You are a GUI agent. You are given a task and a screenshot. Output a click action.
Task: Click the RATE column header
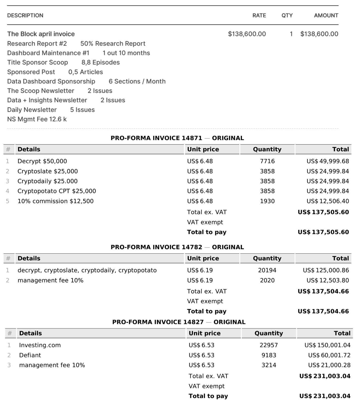259,16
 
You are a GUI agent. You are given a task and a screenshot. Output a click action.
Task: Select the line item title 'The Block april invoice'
41,34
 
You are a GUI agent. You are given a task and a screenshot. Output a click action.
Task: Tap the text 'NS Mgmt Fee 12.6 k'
37,119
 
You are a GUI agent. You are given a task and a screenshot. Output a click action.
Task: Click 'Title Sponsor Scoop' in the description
38,62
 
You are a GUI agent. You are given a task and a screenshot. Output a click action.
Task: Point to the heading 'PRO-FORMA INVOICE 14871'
156,138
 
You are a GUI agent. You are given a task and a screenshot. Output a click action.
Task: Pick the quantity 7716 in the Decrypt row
267,161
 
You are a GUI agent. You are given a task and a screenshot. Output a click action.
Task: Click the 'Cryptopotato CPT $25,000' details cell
57,191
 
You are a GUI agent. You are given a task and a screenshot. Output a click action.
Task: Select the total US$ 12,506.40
328,201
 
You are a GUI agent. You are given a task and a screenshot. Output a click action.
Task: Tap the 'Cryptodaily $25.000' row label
47,181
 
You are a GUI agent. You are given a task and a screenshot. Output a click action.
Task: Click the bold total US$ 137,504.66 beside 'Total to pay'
323,311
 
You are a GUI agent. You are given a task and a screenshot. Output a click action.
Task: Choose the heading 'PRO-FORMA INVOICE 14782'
156,247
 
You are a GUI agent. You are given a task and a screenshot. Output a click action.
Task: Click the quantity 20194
267,270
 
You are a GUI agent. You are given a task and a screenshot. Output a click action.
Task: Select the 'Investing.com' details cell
40,345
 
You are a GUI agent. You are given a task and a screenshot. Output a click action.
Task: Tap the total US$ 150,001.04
327,345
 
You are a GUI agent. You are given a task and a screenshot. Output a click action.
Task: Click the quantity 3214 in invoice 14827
269,365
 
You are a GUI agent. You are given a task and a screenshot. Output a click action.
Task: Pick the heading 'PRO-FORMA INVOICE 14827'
158,322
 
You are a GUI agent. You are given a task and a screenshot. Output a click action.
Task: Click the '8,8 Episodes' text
100,62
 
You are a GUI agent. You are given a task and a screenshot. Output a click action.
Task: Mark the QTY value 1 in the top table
291,34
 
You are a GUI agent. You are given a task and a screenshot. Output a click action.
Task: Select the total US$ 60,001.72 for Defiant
329,355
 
